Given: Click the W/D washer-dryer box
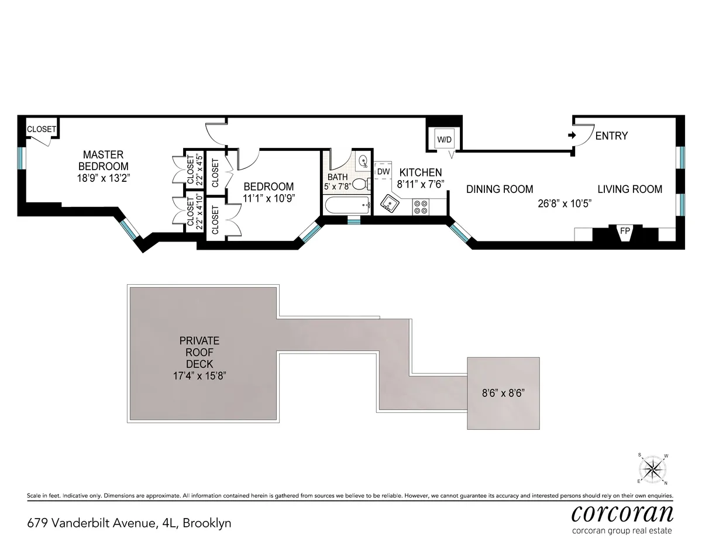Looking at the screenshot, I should click(x=448, y=140).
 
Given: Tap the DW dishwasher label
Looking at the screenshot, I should click(x=383, y=171).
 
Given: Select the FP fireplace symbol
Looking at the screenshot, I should click(x=625, y=232).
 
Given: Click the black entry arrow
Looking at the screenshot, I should click(x=572, y=135).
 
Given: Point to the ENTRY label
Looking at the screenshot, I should click(x=611, y=136).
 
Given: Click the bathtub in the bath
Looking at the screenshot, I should click(x=347, y=205).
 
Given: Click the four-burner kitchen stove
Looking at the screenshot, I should click(x=421, y=206).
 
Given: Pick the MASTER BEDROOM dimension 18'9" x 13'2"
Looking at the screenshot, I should click(x=103, y=177).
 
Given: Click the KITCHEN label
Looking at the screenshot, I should click(x=421, y=172).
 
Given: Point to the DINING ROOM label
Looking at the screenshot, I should click(x=500, y=189).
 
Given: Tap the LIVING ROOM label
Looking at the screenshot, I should click(x=629, y=189).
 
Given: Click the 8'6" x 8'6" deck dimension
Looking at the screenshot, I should click(x=503, y=393).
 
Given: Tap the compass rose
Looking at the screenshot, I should click(x=653, y=468).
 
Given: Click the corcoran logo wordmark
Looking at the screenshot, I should click(x=622, y=513).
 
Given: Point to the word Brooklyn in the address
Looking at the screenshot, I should click(x=207, y=523).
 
